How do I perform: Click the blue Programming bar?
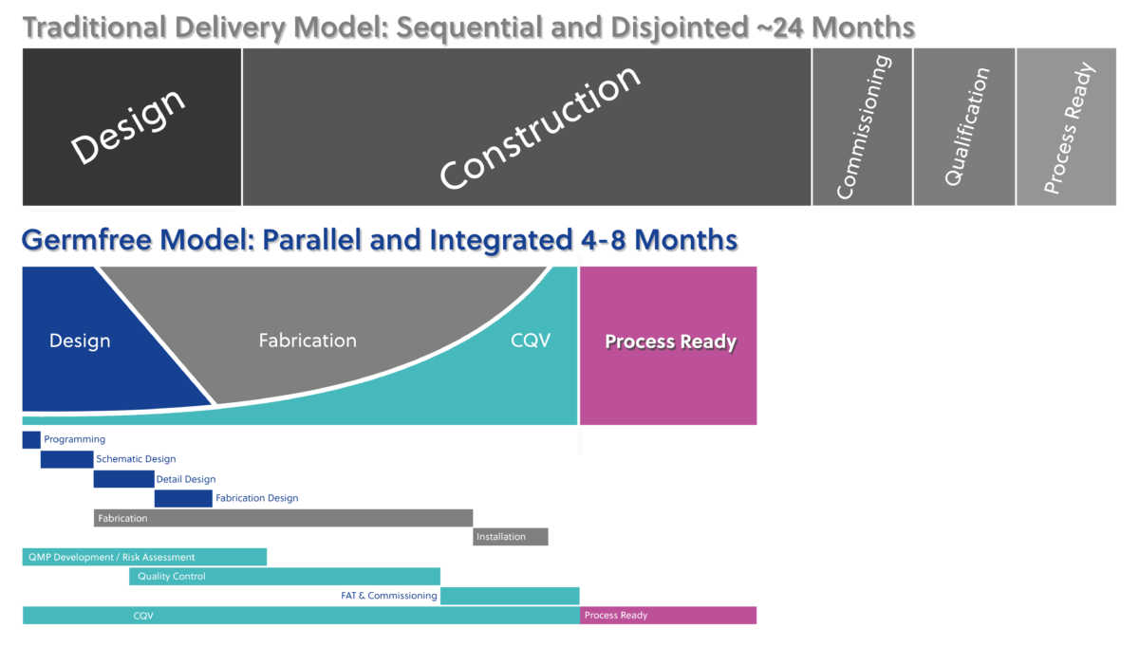(31, 439)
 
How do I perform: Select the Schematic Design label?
(136, 459)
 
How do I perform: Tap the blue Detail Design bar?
(123, 479)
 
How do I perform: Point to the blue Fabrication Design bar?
(183, 499)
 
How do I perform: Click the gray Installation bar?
(511, 537)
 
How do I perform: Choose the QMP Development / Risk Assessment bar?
(144, 557)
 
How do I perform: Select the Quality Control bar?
(284, 577)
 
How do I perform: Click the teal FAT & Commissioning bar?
(510, 596)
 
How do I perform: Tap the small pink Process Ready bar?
(668, 615)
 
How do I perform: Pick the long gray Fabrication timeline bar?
(283, 518)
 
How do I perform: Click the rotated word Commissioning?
(864, 127)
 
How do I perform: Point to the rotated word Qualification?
(966, 126)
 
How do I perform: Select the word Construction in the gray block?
(539, 127)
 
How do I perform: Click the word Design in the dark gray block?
(127, 126)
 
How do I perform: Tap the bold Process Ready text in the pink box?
(671, 341)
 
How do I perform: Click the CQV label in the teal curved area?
(531, 340)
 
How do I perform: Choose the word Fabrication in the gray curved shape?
(308, 341)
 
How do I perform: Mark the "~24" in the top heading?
(780, 28)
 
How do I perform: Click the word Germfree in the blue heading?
(86, 240)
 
